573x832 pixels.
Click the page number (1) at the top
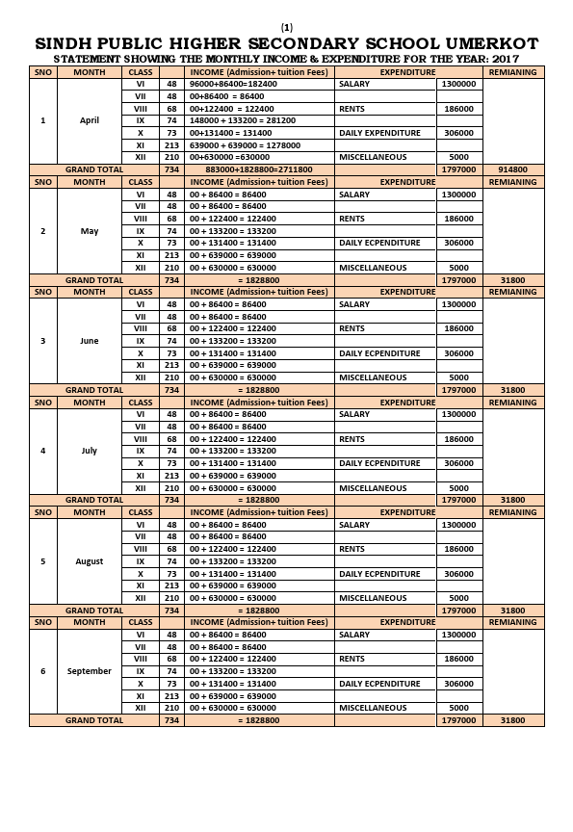[x=287, y=26]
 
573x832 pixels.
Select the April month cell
[x=90, y=120]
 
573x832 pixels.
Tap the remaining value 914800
[x=512, y=169]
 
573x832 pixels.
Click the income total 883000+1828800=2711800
[x=259, y=169]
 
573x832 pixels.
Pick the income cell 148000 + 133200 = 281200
[x=243, y=120]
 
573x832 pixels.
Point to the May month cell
[x=90, y=231]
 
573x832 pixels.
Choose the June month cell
[x=90, y=341]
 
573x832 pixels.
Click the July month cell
[x=90, y=451]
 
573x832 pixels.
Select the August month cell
[x=90, y=560]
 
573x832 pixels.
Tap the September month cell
[x=90, y=670]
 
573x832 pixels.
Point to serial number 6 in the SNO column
[x=42, y=670]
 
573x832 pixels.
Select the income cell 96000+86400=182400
[x=233, y=85]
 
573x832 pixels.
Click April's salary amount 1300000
[x=456, y=85]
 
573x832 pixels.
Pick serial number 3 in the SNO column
[x=42, y=341]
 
